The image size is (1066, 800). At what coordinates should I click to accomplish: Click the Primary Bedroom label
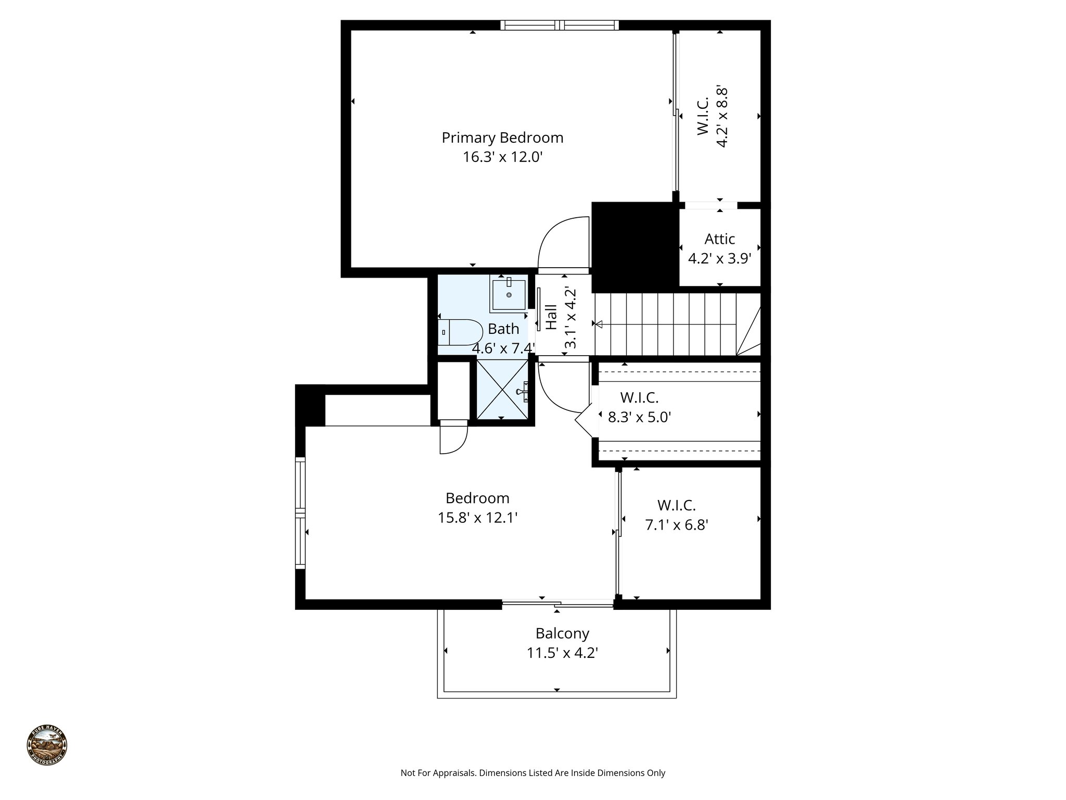[502, 137]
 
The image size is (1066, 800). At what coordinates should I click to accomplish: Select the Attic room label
[719, 239]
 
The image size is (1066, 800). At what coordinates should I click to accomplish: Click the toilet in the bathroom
[461, 332]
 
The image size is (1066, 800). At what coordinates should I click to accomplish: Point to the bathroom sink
[508, 294]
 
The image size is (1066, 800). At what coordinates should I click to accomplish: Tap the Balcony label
[562, 633]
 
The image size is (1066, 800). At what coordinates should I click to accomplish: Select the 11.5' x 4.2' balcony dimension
[562, 653]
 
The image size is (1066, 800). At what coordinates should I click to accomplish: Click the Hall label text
[552, 317]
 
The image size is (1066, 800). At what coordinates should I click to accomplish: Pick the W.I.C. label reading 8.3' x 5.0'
[639, 398]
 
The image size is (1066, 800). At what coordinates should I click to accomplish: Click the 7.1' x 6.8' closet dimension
[677, 525]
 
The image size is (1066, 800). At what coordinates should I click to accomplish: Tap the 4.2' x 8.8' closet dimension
[721, 117]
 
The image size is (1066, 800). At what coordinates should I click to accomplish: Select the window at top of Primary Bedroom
[560, 24]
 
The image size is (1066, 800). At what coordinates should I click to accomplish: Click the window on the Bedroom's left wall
[300, 513]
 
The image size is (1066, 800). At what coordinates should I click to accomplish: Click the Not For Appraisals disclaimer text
[532, 773]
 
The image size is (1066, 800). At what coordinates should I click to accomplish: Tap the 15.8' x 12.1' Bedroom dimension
[477, 518]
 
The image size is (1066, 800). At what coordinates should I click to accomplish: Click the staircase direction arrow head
[599, 324]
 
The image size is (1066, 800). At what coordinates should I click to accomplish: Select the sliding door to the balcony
[557, 604]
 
